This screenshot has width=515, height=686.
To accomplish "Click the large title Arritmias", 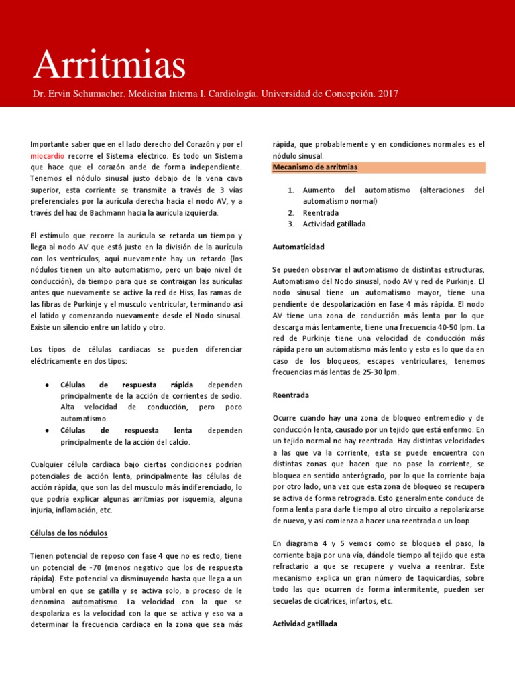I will click(109, 64).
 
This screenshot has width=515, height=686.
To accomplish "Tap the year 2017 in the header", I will click(388, 94).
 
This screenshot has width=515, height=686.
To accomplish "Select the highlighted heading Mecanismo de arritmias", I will click(314, 167).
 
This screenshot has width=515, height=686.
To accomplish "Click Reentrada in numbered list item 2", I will click(321, 212).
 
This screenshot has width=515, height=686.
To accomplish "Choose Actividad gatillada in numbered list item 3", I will click(334, 224).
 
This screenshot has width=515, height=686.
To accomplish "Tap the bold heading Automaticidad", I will click(298, 247).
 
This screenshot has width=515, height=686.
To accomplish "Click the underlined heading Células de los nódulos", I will click(68, 533).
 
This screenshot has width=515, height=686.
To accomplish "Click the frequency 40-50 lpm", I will click(453, 326).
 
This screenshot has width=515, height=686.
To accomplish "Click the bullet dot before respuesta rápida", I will click(45, 385).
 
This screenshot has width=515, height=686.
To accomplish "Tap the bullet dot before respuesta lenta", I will click(45, 431).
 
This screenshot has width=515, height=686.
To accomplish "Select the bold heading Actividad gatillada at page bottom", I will click(304, 624).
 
